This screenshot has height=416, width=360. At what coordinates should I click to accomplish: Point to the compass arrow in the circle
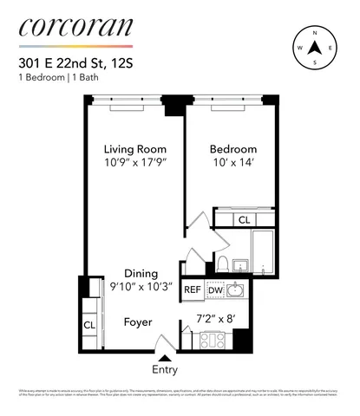click(316, 50)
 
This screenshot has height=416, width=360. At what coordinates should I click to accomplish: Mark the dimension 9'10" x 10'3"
click(140, 287)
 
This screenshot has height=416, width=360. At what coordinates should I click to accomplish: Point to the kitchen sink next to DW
click(235, 290)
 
